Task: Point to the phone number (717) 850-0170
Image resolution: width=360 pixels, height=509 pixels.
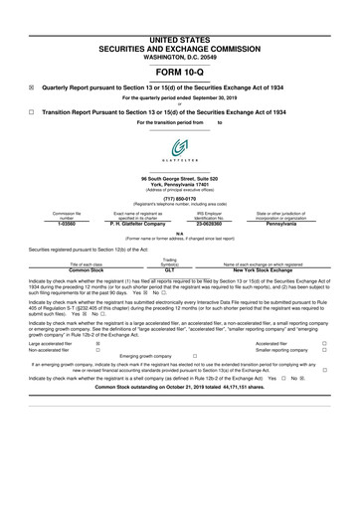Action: tap(179, 196)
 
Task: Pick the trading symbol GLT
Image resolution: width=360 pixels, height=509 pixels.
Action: tap(170, 269)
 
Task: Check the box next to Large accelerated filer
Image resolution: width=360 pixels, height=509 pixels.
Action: tap(96, 343)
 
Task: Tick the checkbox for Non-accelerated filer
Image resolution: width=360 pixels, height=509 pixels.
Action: tap(96, 351)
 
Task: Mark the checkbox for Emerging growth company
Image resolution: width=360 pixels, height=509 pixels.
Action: tap(195, 359)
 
